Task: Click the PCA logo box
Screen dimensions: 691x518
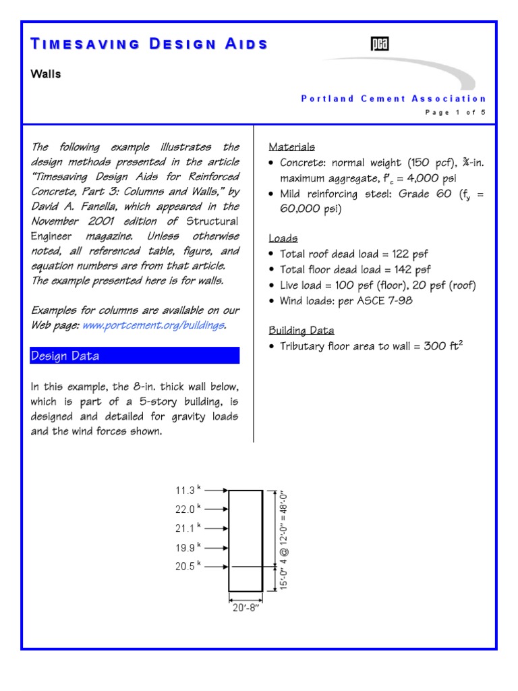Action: point(380,45)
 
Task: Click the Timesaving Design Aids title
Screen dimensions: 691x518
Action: point(149,45)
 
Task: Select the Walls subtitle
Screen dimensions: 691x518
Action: point(46,74)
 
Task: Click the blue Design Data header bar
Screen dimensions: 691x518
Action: point(135,356)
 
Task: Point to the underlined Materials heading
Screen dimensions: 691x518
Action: point(291,147)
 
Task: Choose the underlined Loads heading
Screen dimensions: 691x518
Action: point(283,238)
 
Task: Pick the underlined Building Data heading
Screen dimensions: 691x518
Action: point(301,331)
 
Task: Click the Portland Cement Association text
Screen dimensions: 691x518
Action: point(393,99)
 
